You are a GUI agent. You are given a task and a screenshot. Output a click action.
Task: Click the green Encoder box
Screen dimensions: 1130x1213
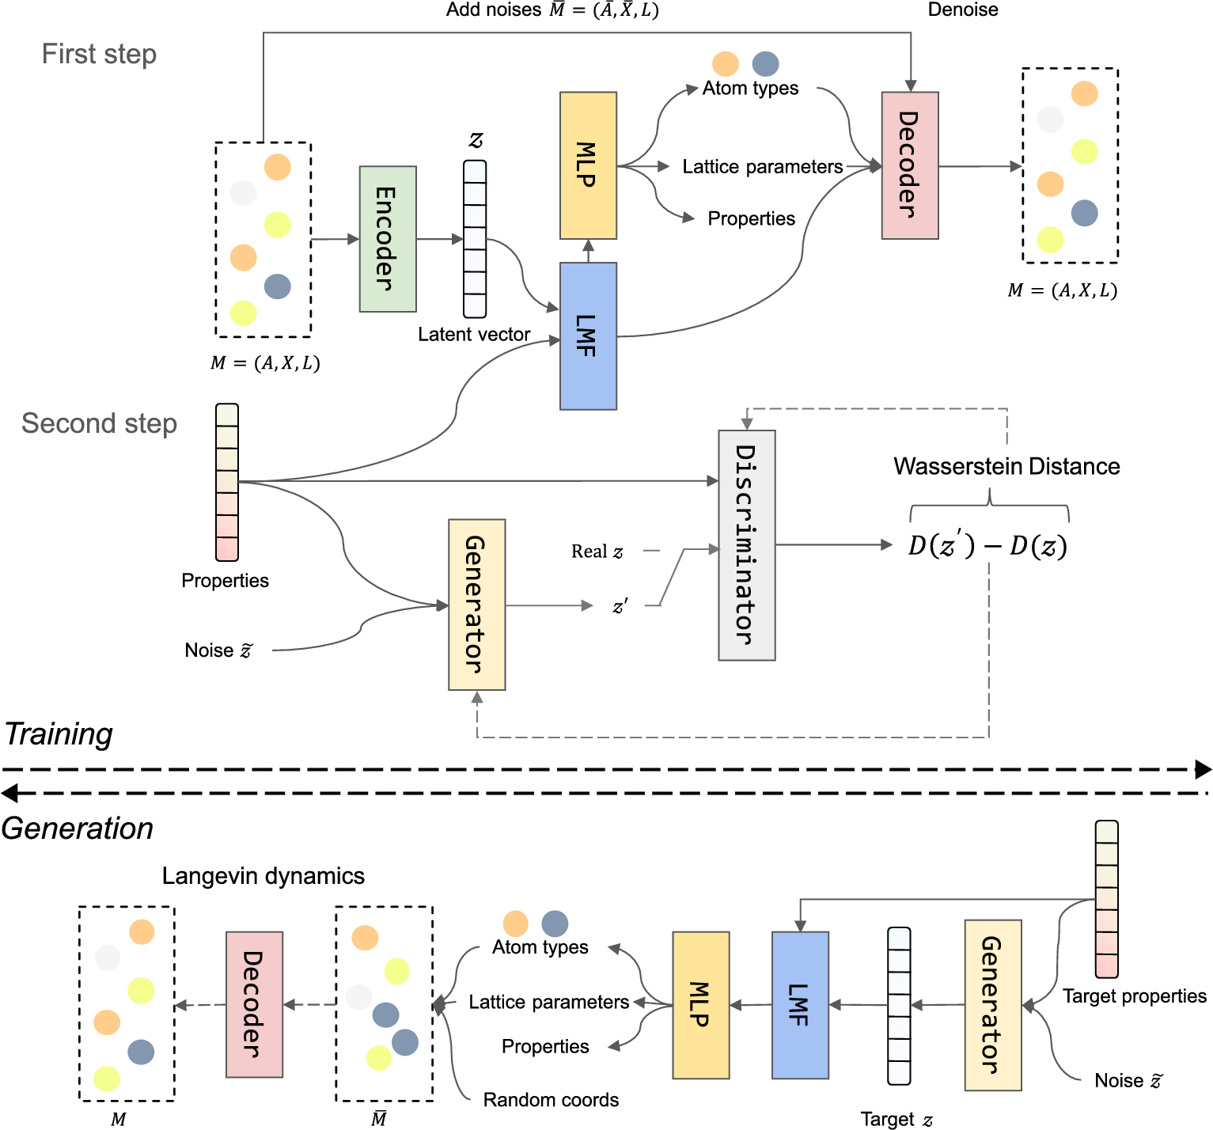(x=388, y=239)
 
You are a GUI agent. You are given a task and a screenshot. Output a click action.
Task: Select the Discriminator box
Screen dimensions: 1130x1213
(x=746, y=545)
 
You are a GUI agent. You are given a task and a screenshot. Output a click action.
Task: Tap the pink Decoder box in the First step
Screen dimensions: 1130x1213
(x=910, y=165)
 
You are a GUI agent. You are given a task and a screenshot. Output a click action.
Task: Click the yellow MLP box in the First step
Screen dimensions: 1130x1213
(x=588, y=165)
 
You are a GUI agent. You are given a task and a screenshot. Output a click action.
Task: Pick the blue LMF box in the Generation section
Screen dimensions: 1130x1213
(x=800, y=1005)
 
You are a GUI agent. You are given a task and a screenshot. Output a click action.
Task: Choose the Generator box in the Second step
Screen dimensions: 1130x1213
(x=476, y=605)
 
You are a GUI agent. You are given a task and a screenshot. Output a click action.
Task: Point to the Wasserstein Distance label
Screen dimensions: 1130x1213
(x=1006, y=466)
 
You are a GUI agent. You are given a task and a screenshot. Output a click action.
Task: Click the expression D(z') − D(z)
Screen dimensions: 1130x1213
(x=987, y=545)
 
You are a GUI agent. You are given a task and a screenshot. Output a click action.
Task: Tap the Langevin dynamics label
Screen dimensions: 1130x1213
(x=263, y=876)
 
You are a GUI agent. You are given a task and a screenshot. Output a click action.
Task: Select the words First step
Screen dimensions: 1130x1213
(x=99, y=54)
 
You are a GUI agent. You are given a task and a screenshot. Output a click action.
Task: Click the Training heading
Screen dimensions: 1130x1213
(x=59, y=734)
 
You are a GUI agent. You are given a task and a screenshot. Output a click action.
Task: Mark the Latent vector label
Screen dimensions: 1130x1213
(x=473, y=335)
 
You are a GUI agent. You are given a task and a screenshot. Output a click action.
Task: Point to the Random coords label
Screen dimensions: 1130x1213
(x=551, y=1100)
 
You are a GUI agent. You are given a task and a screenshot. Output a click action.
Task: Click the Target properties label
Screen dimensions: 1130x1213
(x=1134, y=996)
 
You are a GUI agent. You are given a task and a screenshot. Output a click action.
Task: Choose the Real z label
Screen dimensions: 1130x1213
(x=597, y=552)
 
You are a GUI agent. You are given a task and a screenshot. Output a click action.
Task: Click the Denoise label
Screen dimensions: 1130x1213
(x=962, y=9)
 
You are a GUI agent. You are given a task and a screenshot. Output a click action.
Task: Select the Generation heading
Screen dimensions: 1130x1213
(x=77, y=829)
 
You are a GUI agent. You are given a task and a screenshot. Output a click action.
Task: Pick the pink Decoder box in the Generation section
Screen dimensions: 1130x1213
(x=254, y=1005)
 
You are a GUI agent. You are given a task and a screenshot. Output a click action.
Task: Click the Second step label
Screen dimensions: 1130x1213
(x=99, y=423)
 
